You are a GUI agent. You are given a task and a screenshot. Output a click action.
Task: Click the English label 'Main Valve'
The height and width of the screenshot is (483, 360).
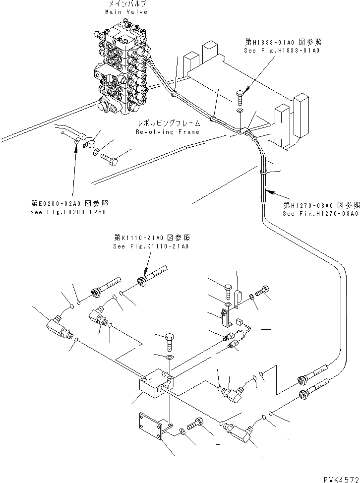(127, 12)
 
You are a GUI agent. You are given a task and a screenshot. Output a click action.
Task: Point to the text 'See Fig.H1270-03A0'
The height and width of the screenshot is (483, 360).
(320, 214)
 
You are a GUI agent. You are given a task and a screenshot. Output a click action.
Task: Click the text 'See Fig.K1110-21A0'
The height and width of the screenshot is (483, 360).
(151, 246)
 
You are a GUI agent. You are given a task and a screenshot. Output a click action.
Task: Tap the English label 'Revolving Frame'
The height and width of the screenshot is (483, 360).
(168, 132)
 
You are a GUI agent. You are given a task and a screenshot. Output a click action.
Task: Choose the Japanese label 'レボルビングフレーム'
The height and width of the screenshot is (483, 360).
(169, 123)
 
